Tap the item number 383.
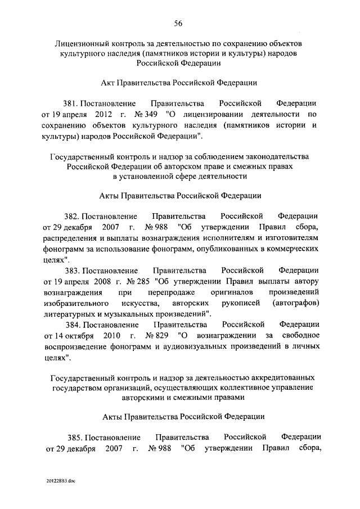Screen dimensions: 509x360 [x=73, y=271]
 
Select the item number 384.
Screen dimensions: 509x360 [x=73, y=325]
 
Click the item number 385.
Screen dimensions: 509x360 [x=73, y=437]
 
